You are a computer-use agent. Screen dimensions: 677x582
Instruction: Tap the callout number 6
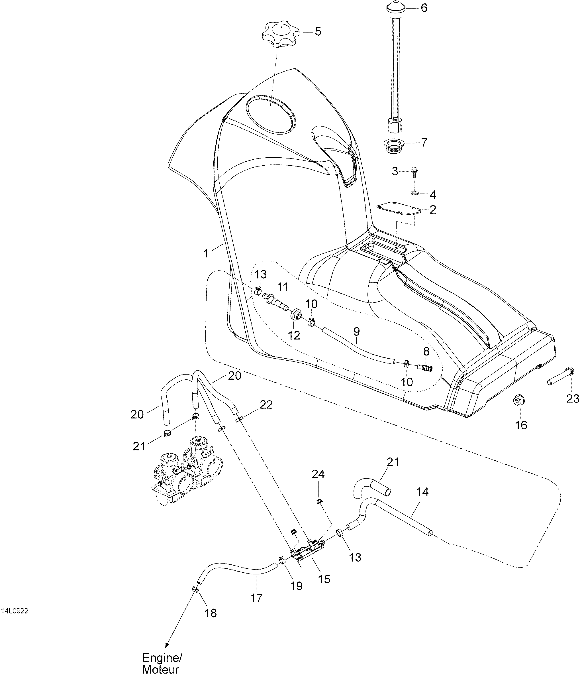(424, 8)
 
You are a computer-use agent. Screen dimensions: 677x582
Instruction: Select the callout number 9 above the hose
(357, 332)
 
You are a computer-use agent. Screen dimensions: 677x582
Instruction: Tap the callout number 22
(266, 405)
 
